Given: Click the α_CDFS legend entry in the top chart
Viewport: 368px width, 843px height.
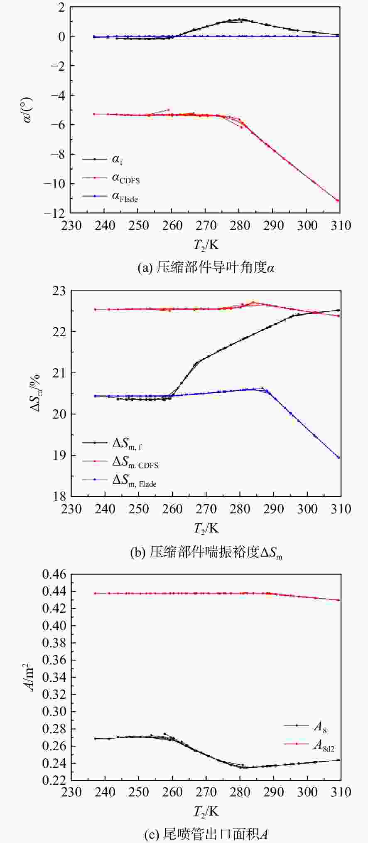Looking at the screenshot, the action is (x=111, y=178).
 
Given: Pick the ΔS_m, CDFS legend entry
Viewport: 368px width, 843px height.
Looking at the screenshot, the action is (x=120, y=462).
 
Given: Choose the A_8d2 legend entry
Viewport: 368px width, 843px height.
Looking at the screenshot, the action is (x=309, y=745).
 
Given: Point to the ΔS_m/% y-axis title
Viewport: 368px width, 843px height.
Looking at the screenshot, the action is (x=35, y=393).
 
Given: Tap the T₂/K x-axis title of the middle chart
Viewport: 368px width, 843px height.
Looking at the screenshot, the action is (x=206, y=528).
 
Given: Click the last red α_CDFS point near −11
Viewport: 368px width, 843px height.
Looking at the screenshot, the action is (x=338, y=200).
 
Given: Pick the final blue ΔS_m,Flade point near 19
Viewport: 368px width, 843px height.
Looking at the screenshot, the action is (x=339, y=458).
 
